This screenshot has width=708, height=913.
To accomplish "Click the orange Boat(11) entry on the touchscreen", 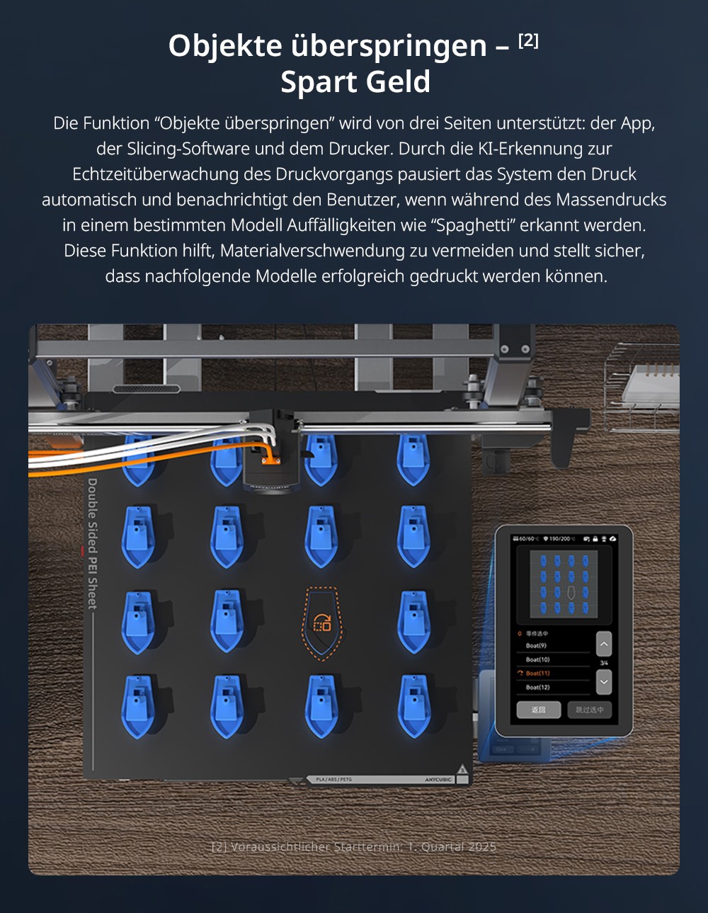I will (x=537, y=673).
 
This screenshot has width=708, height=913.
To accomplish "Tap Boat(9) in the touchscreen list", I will (x=536, y=645).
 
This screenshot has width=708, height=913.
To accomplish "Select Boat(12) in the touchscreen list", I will (x=537, y=687).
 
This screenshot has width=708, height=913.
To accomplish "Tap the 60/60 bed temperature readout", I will (x=525, y=539).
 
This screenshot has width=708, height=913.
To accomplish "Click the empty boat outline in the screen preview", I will (x=571, y=591).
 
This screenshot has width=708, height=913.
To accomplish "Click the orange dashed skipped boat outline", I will (x=322, y=623).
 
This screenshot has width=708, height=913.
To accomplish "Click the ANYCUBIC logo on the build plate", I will (x=438, y=779).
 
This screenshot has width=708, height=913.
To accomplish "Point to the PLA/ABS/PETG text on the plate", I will (x=333, y=779).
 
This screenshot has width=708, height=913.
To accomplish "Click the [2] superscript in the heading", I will (x=528, y=40).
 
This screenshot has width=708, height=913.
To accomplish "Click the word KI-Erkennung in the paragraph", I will (x=544, y=149).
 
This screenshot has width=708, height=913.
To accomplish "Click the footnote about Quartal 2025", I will (x=354, y=846).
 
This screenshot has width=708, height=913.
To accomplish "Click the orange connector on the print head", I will (x=270, y=460).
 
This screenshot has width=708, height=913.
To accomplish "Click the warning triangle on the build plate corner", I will (x=462, y=769).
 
